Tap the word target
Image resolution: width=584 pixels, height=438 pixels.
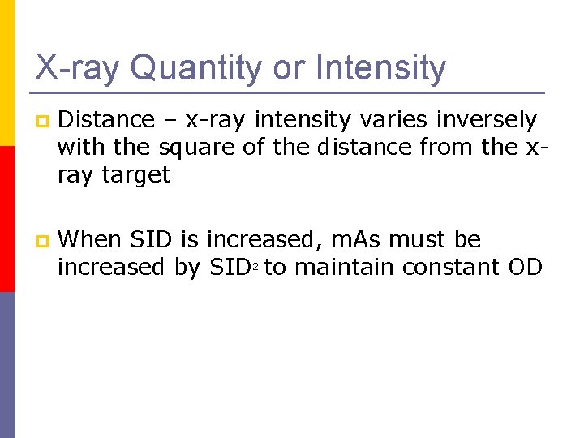135,174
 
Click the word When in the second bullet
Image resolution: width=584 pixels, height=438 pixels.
91,240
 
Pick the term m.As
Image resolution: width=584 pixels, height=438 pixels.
358,240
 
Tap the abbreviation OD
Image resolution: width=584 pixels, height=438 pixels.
526,267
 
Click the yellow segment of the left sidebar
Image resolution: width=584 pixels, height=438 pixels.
7,73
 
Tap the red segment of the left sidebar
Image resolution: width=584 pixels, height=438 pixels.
7,219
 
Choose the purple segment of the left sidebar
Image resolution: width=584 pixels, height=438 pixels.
7,365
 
